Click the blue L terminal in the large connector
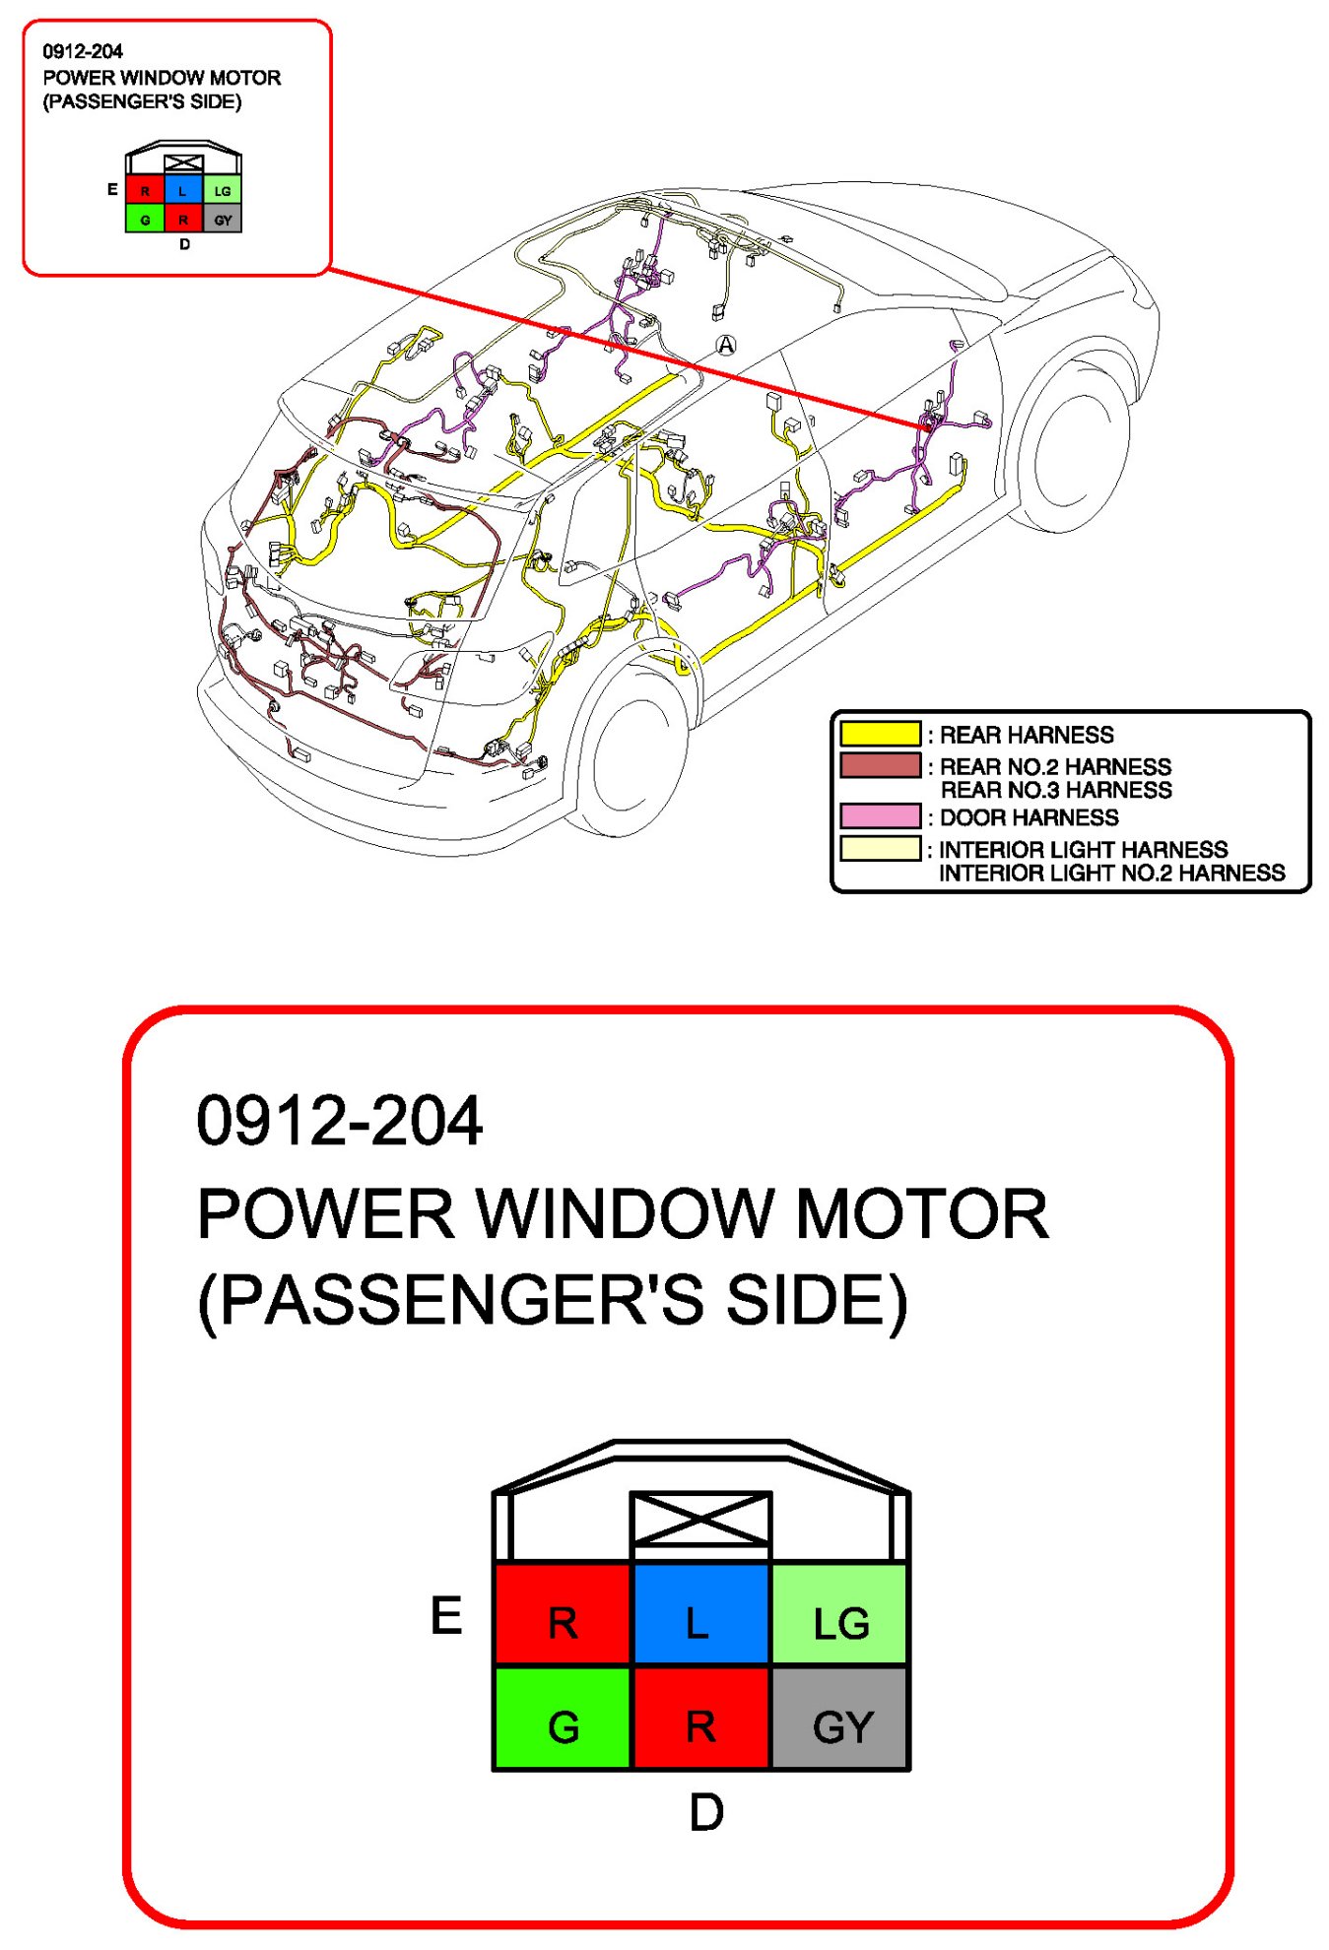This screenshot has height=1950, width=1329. tap(699, 1613)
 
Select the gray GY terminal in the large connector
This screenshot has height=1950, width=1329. tap(840, 1719)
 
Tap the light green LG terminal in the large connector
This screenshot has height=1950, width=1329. tap(840, 1613)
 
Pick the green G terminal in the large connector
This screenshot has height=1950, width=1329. tap(562, 1719)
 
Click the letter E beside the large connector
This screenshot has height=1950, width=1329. tap(446, 1616)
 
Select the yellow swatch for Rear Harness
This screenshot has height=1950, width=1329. tap(880, 734)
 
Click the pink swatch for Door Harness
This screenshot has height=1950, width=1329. tap(880, 816)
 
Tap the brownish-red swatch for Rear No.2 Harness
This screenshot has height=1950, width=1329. tap(880, 765)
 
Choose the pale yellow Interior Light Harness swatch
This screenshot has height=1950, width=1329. tap(880, 848)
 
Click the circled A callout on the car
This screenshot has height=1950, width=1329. tap(726, 345)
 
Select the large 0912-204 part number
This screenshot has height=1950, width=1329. tap(339, 1121)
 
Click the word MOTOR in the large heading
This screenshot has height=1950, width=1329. tap(921, 1213)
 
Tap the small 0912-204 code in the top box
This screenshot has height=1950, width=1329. tap(83, 51)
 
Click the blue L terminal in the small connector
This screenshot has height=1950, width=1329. tap(183, 190)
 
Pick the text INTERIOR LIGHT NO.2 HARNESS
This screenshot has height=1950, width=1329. tap(1111, 873)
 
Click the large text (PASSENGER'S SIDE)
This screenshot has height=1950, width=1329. tap(552, 1301)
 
